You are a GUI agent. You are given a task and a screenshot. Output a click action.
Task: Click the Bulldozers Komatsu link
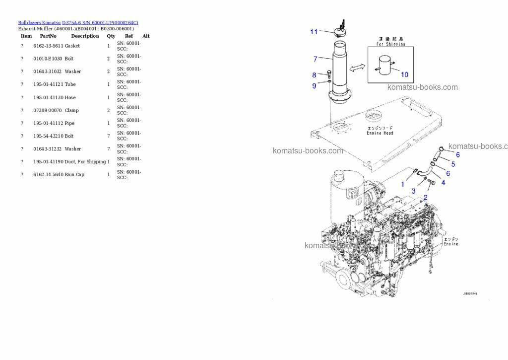tap(39, 22)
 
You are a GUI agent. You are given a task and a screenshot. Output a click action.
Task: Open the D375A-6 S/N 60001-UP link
tap(100, 22)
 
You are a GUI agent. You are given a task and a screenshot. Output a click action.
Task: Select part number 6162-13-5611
tap(48, 46)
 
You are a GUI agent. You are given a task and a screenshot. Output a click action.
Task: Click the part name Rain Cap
tap(74, 174)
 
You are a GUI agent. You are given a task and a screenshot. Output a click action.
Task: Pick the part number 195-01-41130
tap(48, 97)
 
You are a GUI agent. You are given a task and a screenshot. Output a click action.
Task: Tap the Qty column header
tap(111, 36)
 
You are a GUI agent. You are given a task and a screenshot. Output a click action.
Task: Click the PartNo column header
tap(48, 36)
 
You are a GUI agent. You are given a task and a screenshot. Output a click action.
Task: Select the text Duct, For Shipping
tap(85, 161)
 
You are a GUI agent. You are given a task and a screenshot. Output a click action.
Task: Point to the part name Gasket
tap(72, 46)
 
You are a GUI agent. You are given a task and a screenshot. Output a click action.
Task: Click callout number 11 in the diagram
tap(314, 32)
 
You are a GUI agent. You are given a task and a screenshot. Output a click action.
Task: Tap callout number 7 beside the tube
tap(315, 59)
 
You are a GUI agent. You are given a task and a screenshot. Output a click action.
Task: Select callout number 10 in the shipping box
tap(404, 74)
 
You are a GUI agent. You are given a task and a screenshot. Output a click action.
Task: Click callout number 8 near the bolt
tap(314, 75)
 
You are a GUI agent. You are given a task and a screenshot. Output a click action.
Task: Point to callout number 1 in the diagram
tap(402, 184)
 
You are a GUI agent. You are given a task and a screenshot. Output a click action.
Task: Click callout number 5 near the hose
tap(453, 164)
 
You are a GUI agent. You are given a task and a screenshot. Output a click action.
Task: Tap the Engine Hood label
tap(380, 133)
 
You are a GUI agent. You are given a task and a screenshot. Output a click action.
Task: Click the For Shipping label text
tap(390, 44)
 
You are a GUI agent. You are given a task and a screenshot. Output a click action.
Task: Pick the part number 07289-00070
tap(48, 110)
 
